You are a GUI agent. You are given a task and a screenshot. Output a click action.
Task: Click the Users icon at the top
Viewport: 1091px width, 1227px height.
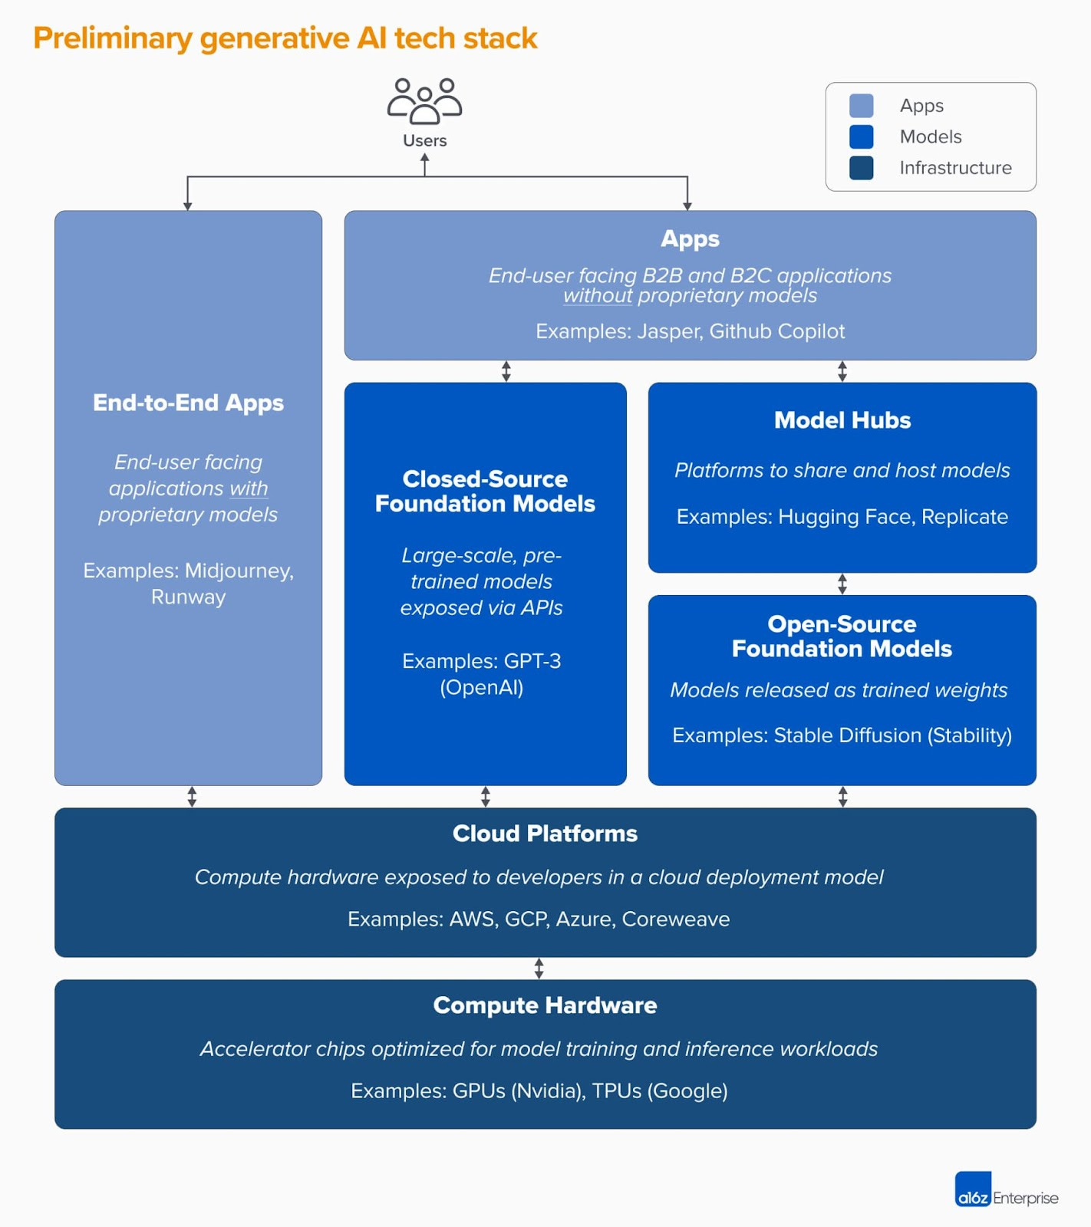pos(424,101)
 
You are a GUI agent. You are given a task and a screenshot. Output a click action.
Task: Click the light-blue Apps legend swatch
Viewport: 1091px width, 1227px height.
pos(861,106)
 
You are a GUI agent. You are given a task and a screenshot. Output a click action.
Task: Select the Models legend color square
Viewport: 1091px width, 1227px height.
pos(861,137)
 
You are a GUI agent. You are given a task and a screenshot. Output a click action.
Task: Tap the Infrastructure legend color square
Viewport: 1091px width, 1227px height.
pos(861,168)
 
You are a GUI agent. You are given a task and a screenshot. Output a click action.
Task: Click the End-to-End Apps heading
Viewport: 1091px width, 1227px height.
pos(188,403)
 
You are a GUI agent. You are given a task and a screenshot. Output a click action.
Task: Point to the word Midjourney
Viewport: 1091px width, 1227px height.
pos(238,571)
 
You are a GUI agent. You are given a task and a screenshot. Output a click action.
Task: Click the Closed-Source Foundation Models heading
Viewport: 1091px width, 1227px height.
pos(485,491)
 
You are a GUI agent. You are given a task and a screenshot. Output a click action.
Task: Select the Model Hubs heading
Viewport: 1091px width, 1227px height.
pos(842,420)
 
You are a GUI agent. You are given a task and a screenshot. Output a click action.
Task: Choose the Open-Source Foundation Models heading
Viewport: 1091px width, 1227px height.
pos(842,637)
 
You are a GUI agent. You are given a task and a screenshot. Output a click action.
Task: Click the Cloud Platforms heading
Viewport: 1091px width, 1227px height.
pos(545,834)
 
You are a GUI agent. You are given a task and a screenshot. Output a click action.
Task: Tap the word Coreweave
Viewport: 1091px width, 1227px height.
pos(675,919)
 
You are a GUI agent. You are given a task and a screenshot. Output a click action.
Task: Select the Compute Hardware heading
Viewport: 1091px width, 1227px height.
pos(545,1005)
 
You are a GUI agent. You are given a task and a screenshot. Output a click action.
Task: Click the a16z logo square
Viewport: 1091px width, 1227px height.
pos(973,1189)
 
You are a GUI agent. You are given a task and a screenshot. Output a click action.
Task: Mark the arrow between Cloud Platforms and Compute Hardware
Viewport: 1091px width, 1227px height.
pos(539,969)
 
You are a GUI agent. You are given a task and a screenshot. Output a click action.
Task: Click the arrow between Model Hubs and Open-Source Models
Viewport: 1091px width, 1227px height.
pos(842,584)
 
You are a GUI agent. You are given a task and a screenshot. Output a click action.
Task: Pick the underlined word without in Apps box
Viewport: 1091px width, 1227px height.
pos(598,296)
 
